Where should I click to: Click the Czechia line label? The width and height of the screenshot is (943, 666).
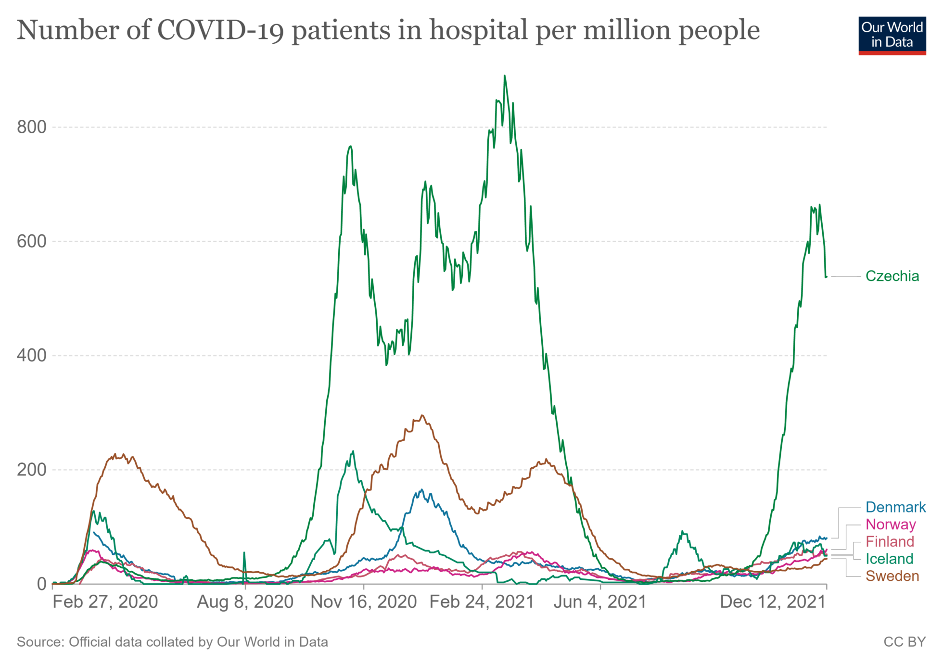892,276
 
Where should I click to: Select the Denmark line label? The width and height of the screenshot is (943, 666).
895,507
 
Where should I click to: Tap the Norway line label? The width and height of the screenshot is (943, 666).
891,525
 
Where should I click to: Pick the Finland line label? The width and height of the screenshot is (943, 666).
890,542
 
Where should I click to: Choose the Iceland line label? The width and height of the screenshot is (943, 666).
889,559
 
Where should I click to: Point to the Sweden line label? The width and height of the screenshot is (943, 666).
892,576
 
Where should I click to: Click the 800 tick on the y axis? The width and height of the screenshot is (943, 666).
32,128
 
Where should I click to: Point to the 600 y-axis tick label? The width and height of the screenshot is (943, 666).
32,242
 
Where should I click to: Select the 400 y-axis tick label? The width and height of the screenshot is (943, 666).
32,356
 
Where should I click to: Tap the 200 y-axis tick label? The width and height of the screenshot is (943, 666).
32,470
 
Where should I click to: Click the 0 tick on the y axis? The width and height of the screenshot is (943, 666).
42,584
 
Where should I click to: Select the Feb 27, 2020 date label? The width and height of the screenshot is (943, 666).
105,602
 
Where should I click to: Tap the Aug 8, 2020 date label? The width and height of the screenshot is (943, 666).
245,602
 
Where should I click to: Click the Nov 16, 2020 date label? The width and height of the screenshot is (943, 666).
364,602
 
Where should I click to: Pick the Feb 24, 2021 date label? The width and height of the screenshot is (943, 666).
482,602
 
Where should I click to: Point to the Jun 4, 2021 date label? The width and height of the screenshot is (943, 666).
600,602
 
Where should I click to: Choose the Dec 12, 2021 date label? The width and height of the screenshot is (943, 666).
773,602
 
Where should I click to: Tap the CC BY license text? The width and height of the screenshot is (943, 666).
905,642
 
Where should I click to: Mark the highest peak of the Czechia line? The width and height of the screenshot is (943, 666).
504,76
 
